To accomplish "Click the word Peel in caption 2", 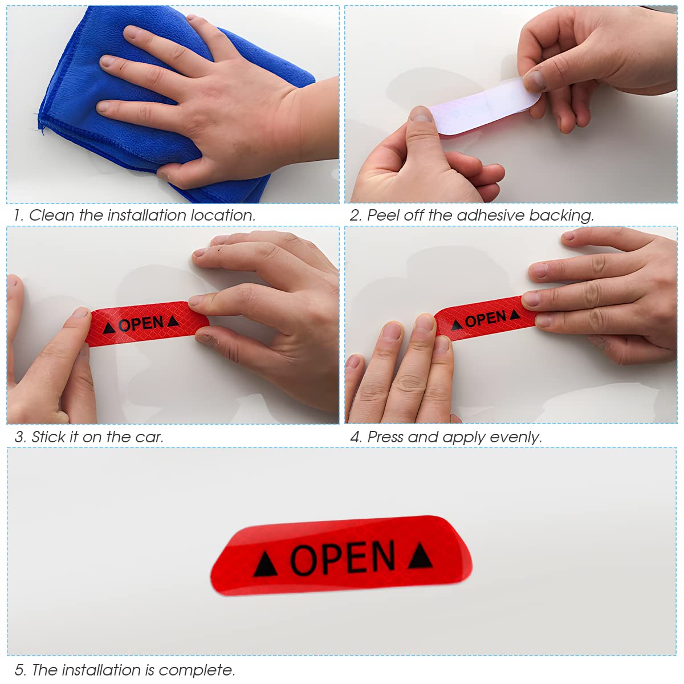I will [383, 215].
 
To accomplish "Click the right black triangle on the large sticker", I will [420, 556].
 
